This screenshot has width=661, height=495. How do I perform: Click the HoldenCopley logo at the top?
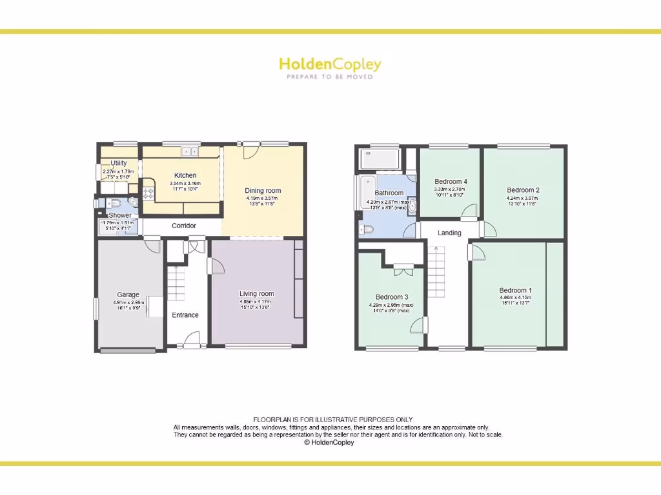(330, 64)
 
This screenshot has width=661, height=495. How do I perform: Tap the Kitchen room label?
(185, 175)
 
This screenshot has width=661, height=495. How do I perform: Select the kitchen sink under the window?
(190, 152)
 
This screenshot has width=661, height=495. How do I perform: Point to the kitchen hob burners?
(148, 192)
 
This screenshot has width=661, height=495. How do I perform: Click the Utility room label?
(119, 163)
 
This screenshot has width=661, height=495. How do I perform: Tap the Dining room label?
(263, 191)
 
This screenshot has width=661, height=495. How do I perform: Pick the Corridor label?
(184, 226)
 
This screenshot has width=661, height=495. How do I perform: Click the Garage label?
(128, 295)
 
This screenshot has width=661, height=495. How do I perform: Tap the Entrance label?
(185, 315)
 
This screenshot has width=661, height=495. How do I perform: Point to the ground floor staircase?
(176, 284)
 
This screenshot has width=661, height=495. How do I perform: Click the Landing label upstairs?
(449, 233)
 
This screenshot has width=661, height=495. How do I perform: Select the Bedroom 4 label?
(451, 182)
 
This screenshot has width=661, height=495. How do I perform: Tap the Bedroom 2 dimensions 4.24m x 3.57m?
(523, 199)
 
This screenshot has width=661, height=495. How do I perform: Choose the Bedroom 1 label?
(515, 290)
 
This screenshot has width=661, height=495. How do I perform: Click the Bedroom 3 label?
(392, 297)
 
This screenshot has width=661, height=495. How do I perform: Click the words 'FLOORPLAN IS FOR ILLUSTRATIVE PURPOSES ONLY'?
(332, 420)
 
